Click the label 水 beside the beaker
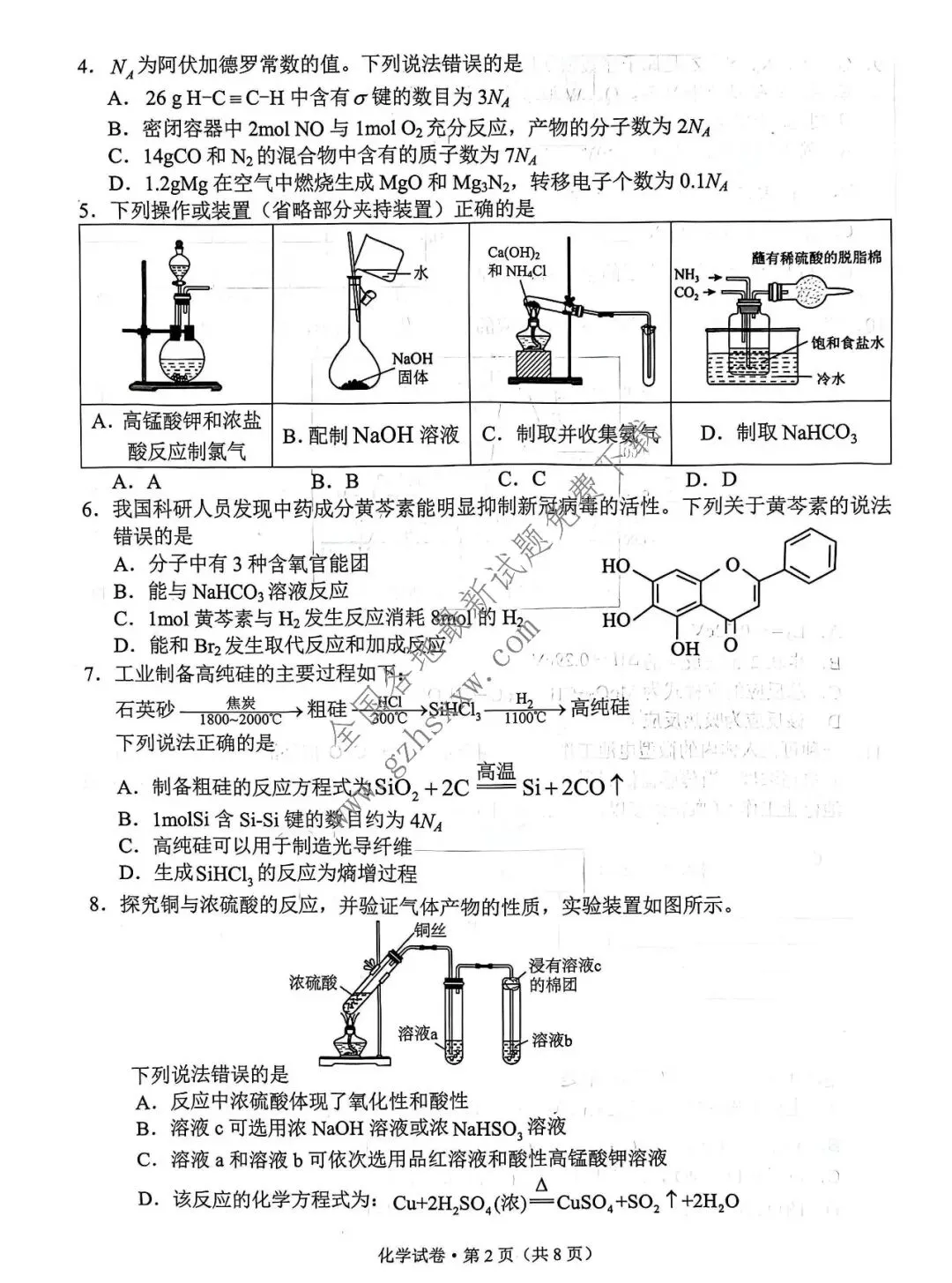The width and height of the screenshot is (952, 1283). pyautogui.click(x=420, y=272)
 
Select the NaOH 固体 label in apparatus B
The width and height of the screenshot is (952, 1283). pyautogui.click(x=413, y=368)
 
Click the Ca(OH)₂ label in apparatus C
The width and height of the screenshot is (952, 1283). pyautogui.click(x=514, y=252)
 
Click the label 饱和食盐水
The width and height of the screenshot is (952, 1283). pyautogui.click(x=847, y=342)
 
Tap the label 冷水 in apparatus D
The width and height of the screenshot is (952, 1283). pyautogui.click(x=829, y=378)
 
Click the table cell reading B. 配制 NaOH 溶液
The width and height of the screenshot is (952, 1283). pyautogui.click(x=371, y=435)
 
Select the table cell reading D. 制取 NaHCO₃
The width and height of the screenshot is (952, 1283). pyautogui.click(x=778, y=433)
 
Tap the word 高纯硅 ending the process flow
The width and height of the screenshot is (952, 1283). pyautogui.click(x=600, y=707)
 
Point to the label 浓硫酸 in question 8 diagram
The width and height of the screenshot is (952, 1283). pyautogui.click(x=313, y=982)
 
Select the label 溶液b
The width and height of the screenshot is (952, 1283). pyautogui.click(x=552, y=1041)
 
